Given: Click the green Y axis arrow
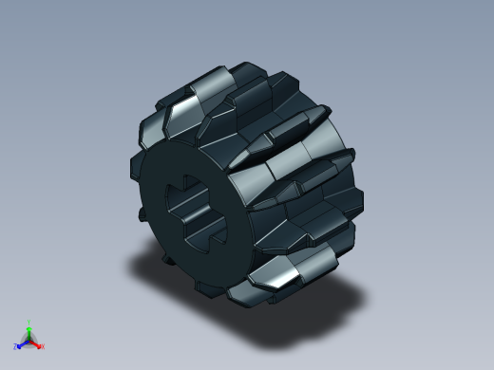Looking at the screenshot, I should point(29,328).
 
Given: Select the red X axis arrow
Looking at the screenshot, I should point(37,342).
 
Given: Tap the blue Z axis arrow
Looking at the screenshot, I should point(22,342).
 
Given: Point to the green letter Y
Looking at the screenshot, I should point(29,322).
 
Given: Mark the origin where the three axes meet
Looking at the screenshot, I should point(29,339).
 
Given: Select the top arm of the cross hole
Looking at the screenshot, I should point(198,186).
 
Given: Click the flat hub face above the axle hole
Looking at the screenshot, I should point(190,161).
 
